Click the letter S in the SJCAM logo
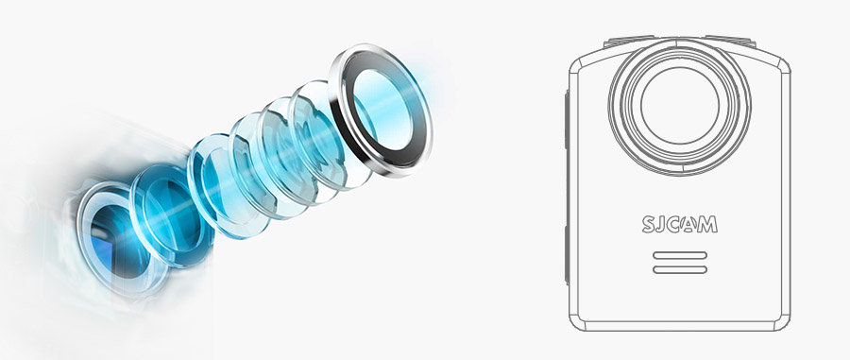649,225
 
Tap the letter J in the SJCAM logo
661,225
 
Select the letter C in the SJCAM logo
673,225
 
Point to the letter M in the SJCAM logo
706,225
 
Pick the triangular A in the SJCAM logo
688,225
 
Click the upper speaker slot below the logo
680,255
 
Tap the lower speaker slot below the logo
680,269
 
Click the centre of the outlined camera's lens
680,106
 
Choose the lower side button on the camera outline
567,255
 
